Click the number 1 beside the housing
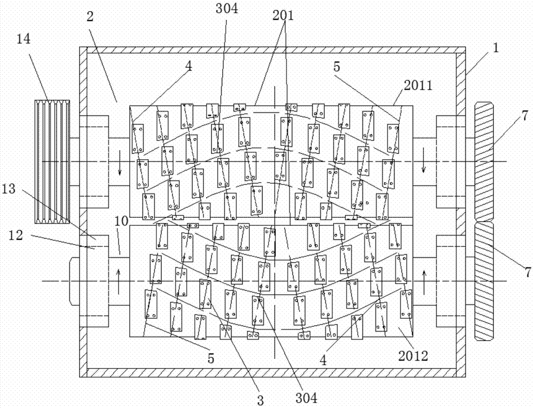(496, 48)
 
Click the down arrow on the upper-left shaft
(120, 169)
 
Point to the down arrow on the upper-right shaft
(424, 167)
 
